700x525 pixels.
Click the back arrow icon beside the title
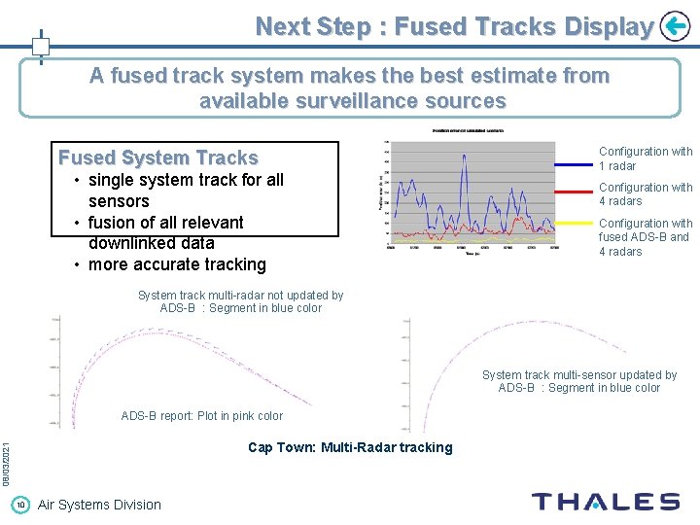point(674,26)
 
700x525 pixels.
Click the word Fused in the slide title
point(430,27)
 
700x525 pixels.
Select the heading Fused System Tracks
point(158,157)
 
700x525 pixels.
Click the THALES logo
point(605,502)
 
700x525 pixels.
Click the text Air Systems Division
point(99,504)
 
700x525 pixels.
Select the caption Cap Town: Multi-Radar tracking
point(350,447)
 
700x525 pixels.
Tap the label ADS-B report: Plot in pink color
point(201,416)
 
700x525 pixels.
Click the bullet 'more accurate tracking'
point(177,264)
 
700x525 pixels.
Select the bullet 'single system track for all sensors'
point(185,191)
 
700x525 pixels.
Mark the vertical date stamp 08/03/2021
point(6,465)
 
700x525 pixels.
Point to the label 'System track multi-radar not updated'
point(240,301)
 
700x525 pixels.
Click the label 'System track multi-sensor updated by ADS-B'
point(578,381)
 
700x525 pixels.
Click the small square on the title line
point(41,46)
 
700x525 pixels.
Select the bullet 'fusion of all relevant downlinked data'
point(165,232)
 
